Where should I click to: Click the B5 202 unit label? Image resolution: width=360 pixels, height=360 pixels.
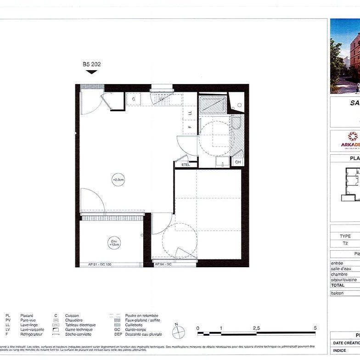coord(91,64)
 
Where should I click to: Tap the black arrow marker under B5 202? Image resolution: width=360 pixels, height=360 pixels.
coord(91,72)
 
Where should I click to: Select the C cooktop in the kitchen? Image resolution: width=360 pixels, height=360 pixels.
coord(134,99)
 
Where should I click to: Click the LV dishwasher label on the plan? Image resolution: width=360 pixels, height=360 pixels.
coord(162,99)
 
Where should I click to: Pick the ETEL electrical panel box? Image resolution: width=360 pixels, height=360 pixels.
coord(185,164)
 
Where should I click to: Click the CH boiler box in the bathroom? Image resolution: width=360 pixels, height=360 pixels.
coord(238,162)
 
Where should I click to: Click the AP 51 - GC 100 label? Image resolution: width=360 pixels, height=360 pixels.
coord(99,264)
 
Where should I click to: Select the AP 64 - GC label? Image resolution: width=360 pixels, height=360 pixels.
coord(163,264)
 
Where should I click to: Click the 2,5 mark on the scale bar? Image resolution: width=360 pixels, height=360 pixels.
coord(256,328)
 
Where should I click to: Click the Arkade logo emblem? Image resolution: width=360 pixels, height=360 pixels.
coord(353,136)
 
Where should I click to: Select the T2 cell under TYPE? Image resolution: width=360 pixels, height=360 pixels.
coord(345,244)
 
